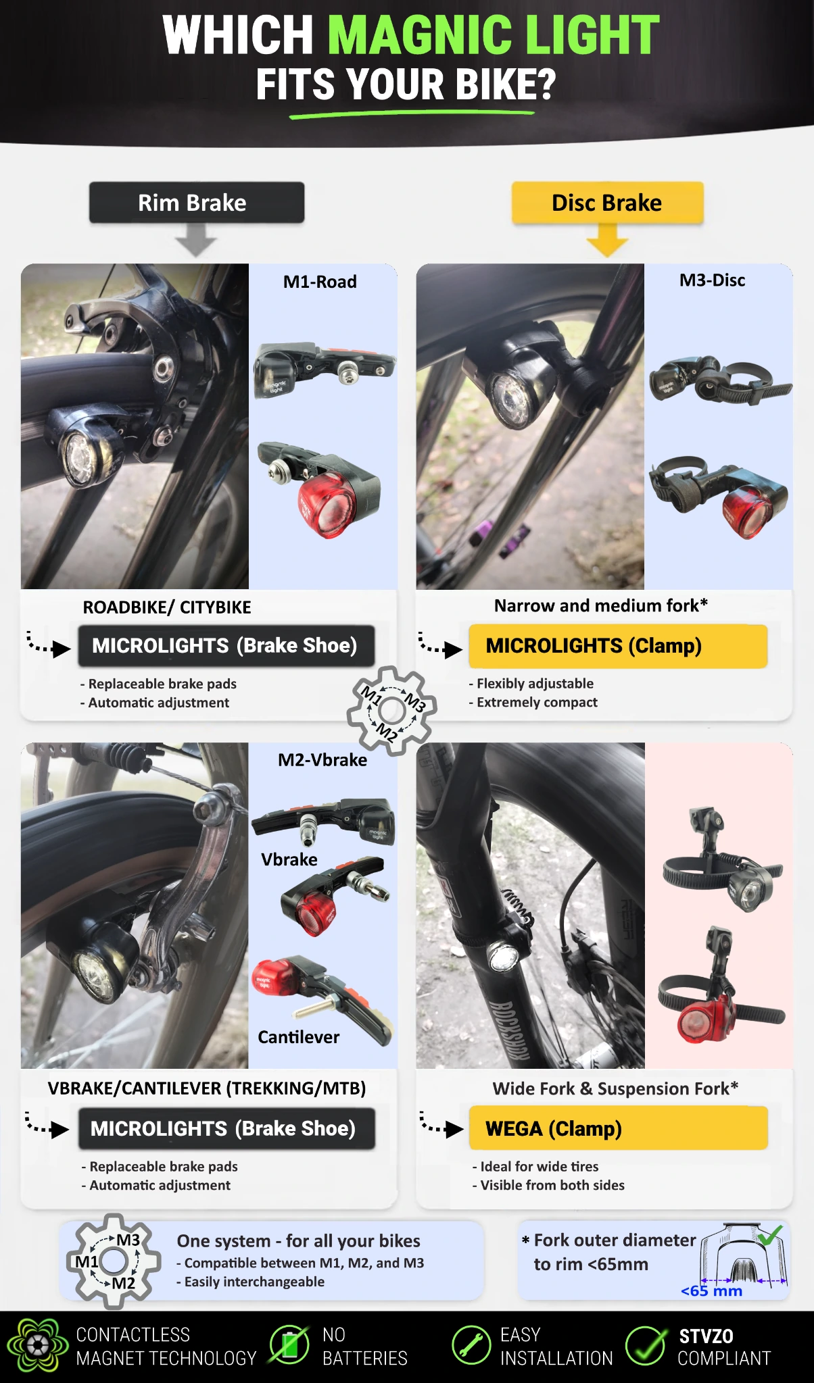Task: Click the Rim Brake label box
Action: [x=197, y=202]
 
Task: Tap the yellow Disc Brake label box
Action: [x=607, y=202]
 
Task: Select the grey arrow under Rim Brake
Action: [x=196, y=241]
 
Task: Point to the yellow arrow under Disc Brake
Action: [x=607, y=241]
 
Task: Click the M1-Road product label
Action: [x=320, y=282]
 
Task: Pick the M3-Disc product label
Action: [x=713, y=280]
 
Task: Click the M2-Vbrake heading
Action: [x=322, y=760]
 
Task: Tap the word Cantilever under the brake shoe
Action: [x=299, y=1037]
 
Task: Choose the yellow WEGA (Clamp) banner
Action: [x=619, y=1128]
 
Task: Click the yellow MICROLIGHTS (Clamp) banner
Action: [x=618, y=646]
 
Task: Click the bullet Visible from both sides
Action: [x=548, y=1185]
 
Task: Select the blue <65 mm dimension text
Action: [x=711, y=1291]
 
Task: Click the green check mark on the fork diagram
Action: [x=770, y=1234]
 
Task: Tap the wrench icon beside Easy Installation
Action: [x=471, y=1345]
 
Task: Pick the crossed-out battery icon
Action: [x=289, y=1344]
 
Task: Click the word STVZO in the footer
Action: [x=706, y=1336]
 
